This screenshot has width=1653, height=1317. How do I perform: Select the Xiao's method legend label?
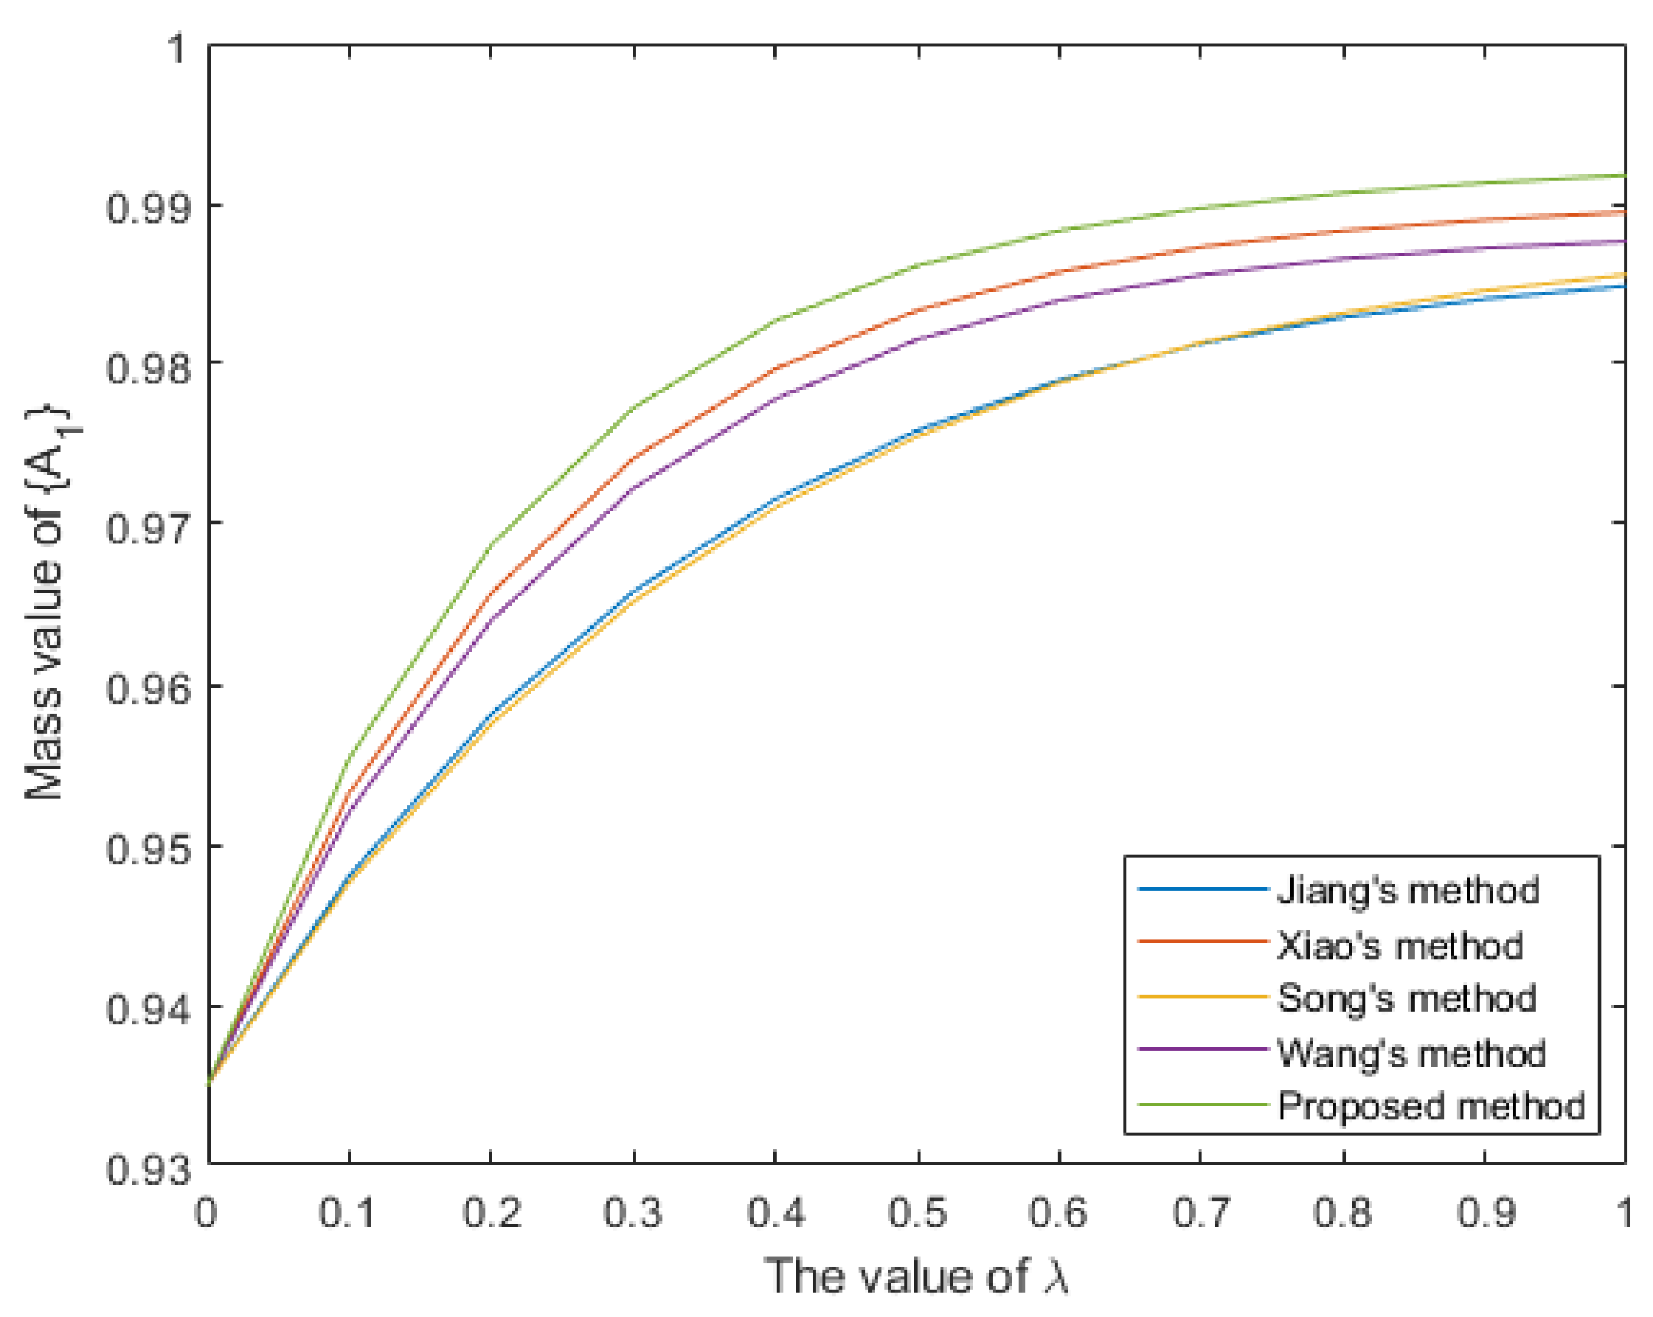(1400, 946)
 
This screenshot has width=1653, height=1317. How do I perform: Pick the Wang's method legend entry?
(1412, 1053)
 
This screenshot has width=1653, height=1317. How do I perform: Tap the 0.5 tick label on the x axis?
(918, 1214)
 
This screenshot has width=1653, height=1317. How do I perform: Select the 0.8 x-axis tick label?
(1342, 1214)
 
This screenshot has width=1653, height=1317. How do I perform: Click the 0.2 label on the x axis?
(491, 1214)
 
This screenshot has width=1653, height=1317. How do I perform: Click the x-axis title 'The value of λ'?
(916, 1276)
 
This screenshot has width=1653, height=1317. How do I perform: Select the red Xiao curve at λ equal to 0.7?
(1202, 247)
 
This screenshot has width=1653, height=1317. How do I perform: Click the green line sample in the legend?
(1202, 1105)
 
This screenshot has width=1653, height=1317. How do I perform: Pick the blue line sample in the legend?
(1202, 889)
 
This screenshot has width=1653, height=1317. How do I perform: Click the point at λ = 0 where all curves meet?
(209, 1083)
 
